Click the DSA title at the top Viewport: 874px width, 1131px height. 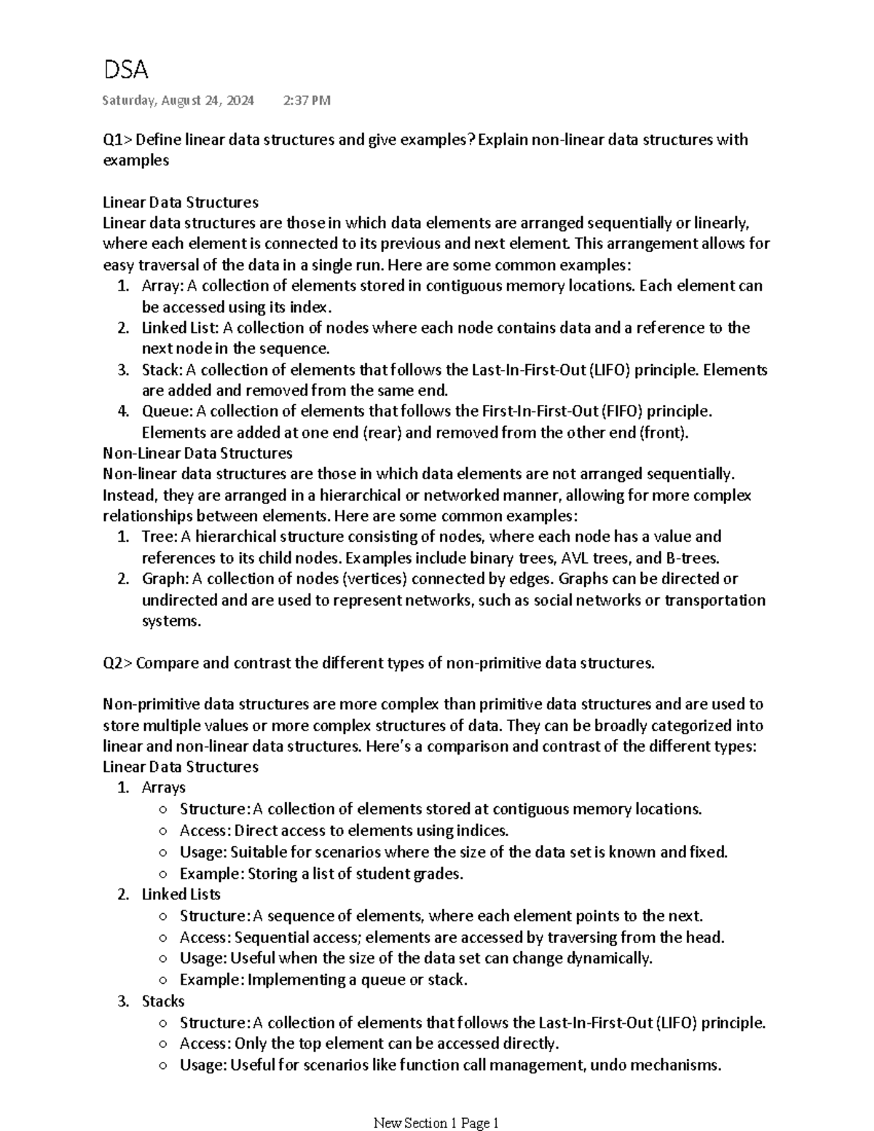click(x=125, y=70)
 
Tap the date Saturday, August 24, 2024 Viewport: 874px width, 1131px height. click(x=178, y=101)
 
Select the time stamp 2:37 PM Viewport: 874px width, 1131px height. click(x=306, y=101)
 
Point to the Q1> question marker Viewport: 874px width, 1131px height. click(x=118, y=140)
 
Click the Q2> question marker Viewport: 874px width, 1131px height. click(x=118, y=663)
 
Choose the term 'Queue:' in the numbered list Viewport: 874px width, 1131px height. click(x=168, y=411)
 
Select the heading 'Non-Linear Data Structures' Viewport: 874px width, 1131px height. click(x=197, y=453)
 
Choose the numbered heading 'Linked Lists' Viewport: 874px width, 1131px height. click(x=181, y=894)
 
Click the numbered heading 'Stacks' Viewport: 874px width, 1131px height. click(x=163, y=1001)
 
